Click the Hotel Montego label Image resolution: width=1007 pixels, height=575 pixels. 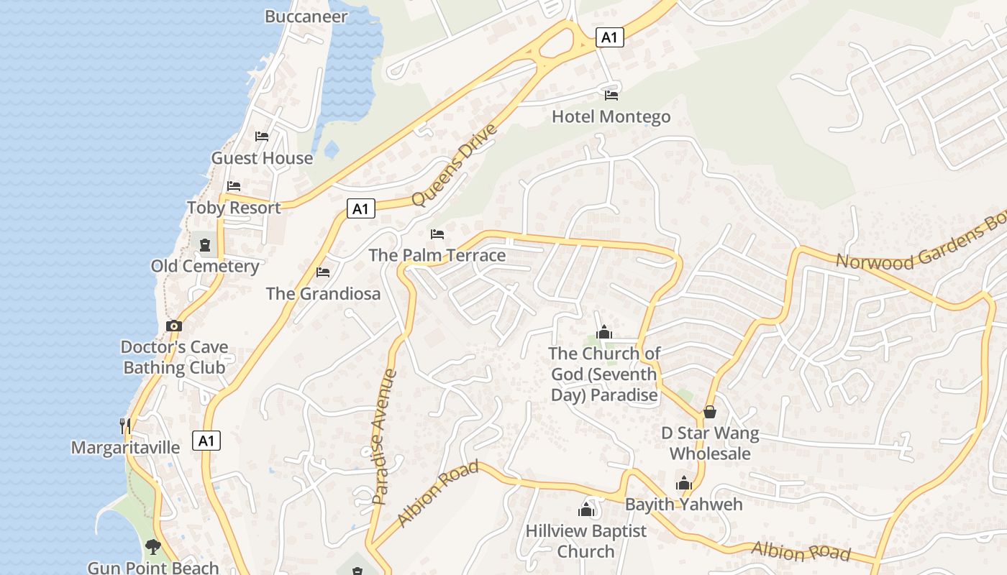611,116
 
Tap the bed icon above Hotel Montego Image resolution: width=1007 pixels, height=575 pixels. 611,95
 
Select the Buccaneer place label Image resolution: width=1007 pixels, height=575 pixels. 306,16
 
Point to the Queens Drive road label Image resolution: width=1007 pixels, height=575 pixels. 455,165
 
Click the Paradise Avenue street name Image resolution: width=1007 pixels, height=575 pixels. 385,436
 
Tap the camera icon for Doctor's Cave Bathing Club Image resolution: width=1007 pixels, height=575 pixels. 174,326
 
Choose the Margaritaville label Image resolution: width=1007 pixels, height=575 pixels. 125,447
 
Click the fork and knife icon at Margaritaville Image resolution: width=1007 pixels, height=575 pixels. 125,425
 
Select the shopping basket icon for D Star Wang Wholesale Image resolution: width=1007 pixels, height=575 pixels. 709,412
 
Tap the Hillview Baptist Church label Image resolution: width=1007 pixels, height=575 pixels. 586,540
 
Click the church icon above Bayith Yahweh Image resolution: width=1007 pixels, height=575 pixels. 683,483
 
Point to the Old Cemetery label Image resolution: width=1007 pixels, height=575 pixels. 205,266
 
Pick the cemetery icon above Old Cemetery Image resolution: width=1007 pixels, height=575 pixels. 205,245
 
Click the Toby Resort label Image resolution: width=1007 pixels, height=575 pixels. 234,208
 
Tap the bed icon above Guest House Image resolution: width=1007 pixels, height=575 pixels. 262,136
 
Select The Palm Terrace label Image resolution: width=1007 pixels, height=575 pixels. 437,255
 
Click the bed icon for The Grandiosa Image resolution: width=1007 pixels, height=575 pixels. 323,272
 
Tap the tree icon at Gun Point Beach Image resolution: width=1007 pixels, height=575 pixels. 152,547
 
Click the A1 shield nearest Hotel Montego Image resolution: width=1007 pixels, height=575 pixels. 609,37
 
